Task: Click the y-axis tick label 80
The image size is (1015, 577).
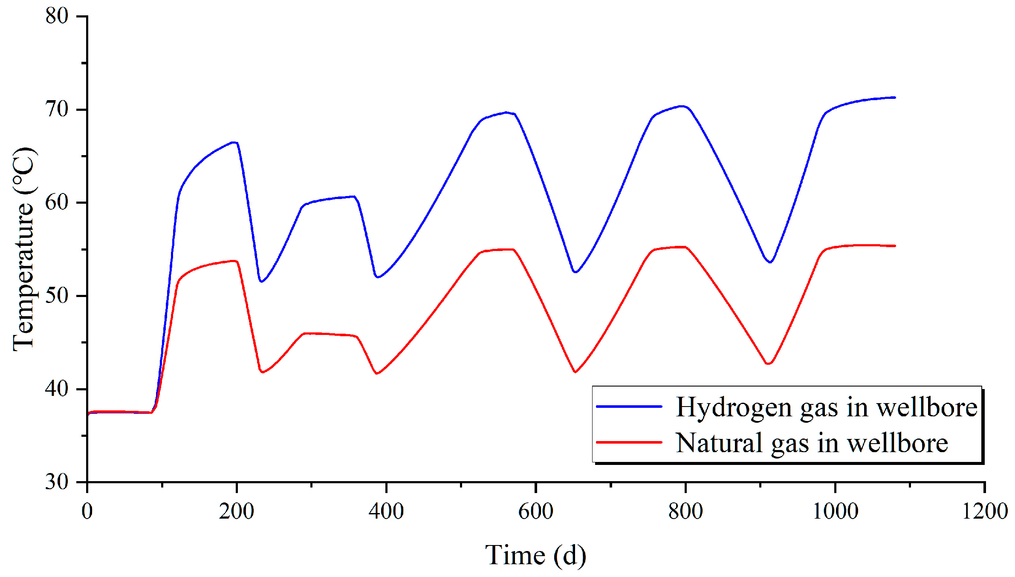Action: (x=57, y=16)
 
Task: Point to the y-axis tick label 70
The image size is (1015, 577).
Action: (x=57, y=110)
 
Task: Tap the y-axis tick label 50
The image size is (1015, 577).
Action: (x=57, y=296)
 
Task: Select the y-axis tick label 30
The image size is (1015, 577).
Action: (x=57, y=482)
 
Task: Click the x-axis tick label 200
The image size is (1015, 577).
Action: (x=237, y=511)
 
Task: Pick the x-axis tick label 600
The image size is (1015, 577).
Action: (x=535, y=511)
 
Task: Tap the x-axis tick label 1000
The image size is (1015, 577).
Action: (x=835, y=511)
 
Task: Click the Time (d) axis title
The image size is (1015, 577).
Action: (x=535, y=556)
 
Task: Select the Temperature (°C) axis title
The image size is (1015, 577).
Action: (x=23, y=249)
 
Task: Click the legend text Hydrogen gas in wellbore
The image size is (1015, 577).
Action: (x=826, y=407)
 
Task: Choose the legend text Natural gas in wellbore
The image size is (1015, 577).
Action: (x=812, y=443)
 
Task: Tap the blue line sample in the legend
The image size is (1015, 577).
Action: (x=629, y=407)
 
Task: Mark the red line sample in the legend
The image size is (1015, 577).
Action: (x=629, y=442)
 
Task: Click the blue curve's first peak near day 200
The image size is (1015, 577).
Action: (x=234, y=142)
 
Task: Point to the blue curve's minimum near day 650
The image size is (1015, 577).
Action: (x=575, y=272)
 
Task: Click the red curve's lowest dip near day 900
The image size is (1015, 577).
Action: (x=768, y=364)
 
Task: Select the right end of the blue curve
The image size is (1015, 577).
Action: (x=895, y=98)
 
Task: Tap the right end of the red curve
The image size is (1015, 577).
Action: (x=895, y=246)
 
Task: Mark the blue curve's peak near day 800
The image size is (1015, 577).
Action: (x=682, y=106)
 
